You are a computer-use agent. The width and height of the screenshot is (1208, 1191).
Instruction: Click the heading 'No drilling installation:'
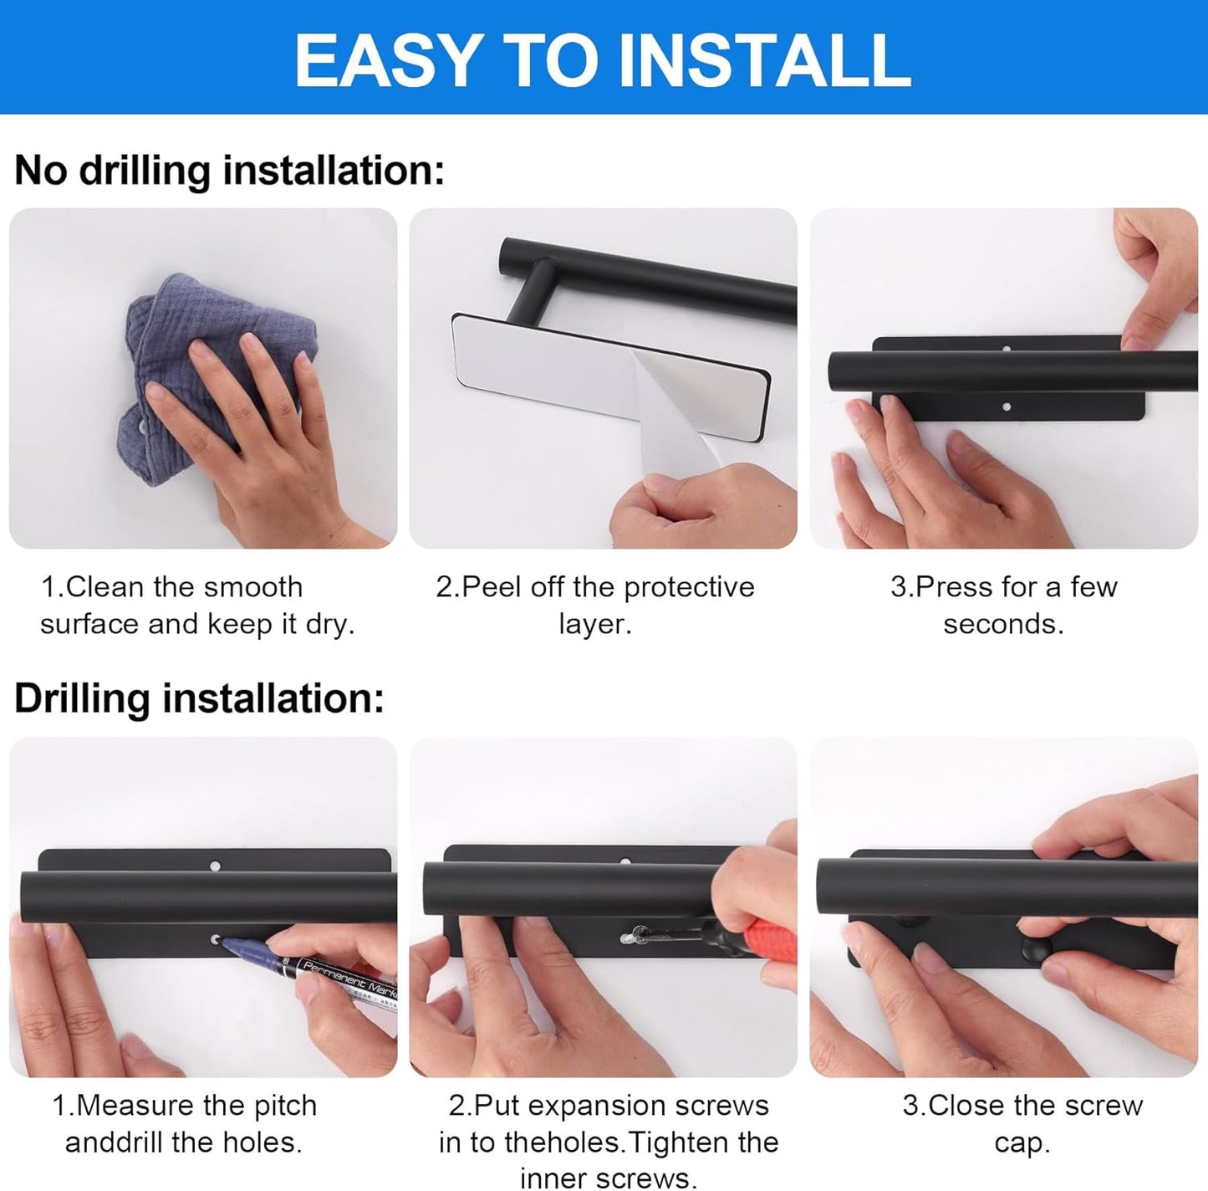tap(229, 170)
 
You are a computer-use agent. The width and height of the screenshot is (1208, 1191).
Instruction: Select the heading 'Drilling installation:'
tap(199, 698)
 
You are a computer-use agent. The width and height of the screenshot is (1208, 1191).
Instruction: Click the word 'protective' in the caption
tap(689, 588)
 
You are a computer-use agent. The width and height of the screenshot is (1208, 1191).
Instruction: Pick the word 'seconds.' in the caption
tap(1004, 624)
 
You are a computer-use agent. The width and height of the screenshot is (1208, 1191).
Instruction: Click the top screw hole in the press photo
tap(1007, 348)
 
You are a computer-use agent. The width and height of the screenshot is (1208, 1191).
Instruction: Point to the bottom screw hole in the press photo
tap(1007, 407)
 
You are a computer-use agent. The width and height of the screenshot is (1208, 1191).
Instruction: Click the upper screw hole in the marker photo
tap(215, 866)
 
